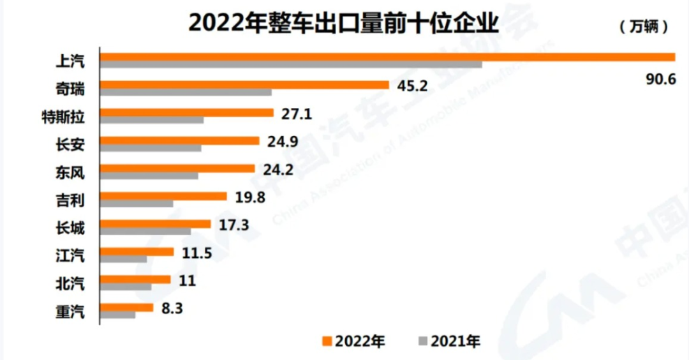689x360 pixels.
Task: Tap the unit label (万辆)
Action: [644, 27]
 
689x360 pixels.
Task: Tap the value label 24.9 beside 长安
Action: [283, 142]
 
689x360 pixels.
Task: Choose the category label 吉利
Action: [70, 199]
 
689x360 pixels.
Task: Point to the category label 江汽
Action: [70, 256]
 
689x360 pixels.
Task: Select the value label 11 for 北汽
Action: [188, 281]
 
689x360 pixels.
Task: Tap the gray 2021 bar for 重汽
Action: [118, 315]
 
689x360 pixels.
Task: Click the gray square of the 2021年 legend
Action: [422, 341]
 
